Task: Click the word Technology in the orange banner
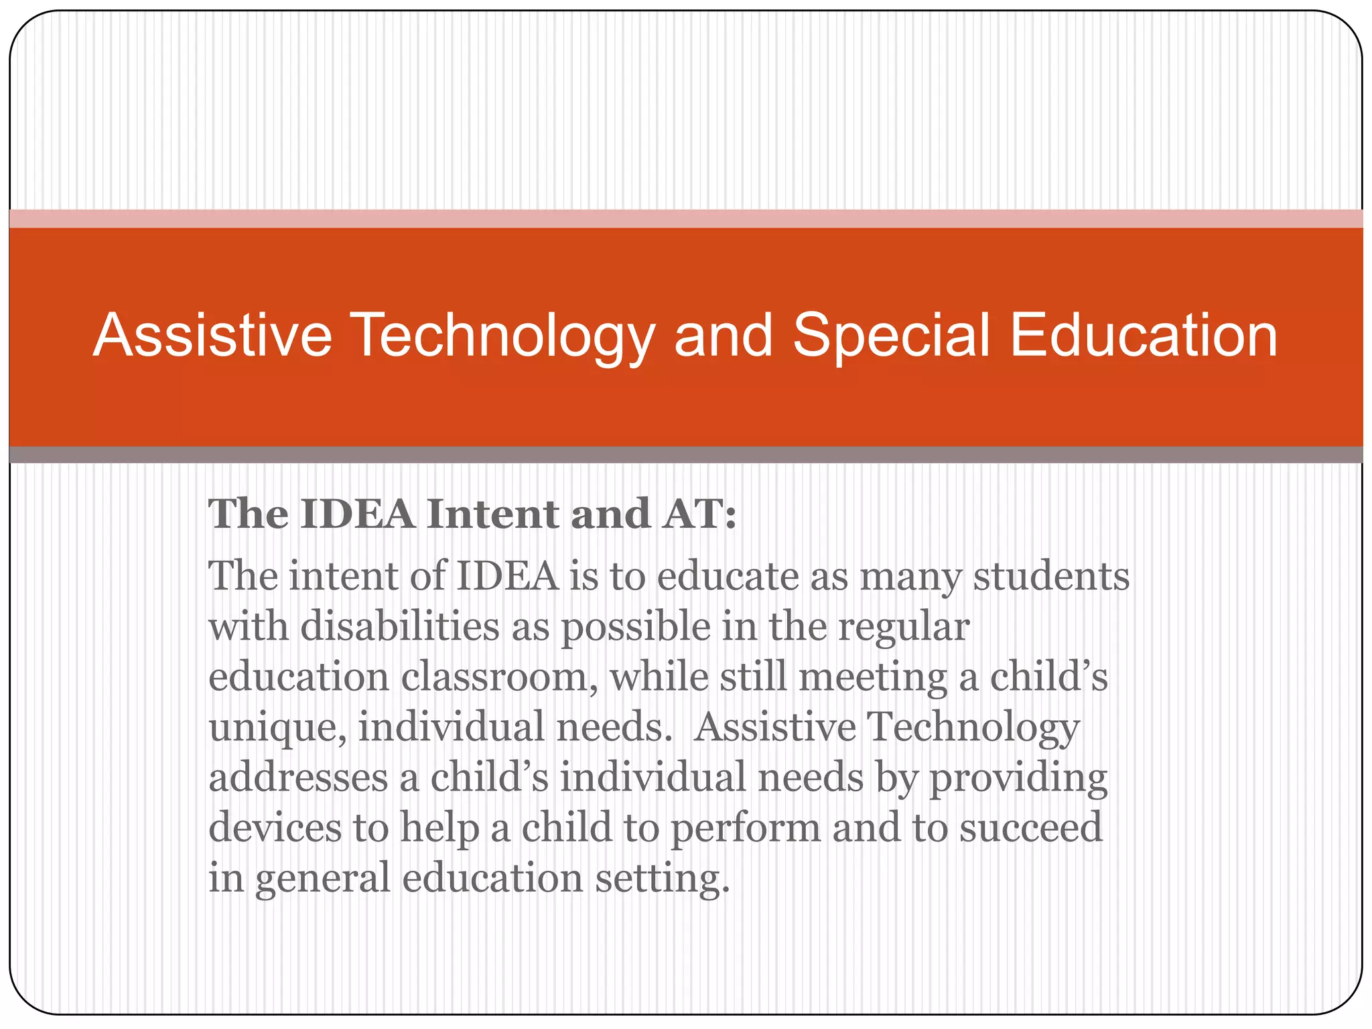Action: click(x=502, y=337)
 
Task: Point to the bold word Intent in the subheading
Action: click(x=492, y=514)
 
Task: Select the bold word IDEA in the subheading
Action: click(x=357, y=514)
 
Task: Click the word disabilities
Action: click(x=399, y=627)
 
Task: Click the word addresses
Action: click(x=298, y=777)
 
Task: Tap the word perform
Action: click(x=745, y=829)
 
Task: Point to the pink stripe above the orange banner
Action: click(x=686, y=218)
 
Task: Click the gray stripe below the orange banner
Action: click(x=686, y=455)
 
